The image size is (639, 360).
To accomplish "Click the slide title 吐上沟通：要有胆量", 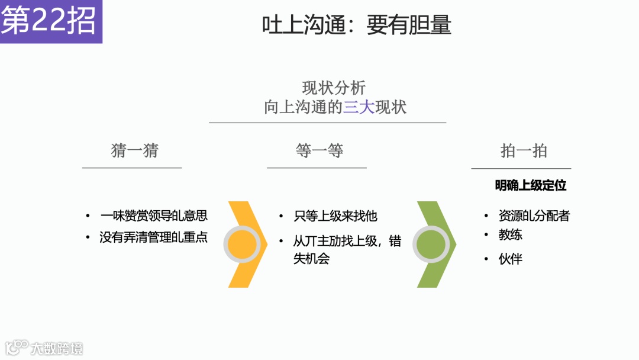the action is point(357,25).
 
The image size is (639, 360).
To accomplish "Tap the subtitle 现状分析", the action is point(334,88).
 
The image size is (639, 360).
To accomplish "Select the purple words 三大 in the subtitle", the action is point(359,107).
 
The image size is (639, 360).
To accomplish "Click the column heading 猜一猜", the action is point(135,151).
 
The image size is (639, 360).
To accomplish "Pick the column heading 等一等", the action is point(319,151).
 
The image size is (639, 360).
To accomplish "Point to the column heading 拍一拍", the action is point(524,151).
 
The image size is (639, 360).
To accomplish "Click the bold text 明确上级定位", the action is point(531,185).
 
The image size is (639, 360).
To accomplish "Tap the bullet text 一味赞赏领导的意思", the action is point(154,216).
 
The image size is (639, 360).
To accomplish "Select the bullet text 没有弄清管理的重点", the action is point(154,237).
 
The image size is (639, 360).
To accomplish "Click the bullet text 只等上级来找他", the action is point(335,216).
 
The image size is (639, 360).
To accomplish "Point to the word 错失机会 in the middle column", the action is point(311,258).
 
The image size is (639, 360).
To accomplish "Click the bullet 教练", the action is point(511,234).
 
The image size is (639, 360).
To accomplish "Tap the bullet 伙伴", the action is point(511,259).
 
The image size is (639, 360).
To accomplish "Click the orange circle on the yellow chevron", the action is point(243,245).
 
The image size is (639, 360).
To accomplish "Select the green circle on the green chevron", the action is point(431,245).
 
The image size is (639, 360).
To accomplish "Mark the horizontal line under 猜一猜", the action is point(132,168).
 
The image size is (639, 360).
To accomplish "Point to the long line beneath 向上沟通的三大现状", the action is point(327,123).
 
